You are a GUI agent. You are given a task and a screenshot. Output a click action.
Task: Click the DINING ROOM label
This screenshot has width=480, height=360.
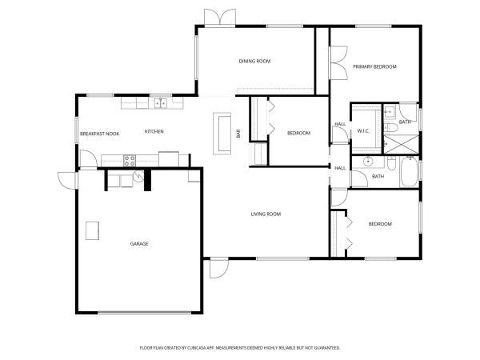[x=254, y=62]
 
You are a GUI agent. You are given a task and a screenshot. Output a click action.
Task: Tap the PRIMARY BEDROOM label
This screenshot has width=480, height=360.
[x=374, y=66]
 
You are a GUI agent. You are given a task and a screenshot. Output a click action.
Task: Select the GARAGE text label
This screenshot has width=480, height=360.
[x=139, y=244]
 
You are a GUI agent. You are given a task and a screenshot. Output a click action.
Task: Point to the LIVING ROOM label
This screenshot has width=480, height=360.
[x=266, y=214]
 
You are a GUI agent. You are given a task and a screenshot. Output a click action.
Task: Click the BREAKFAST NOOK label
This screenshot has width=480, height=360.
[x=99, y=134]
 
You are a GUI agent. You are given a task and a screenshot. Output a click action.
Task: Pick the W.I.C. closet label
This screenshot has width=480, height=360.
[x=363, y=131]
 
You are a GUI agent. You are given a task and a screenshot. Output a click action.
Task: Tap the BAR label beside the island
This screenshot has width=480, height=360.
[x=238, y=134]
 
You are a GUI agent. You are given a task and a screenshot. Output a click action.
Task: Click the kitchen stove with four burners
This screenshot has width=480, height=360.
[x=130, y=161]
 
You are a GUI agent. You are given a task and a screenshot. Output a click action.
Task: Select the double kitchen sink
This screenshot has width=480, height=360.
[x=161, y=103]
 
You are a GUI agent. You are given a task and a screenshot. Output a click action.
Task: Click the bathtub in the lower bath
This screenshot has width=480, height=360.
[x=410, y=172]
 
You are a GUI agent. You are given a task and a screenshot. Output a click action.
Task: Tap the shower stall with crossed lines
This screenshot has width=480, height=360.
[x=402, y=144]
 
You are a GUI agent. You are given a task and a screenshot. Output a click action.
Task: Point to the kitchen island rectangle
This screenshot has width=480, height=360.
[x=222, y=134]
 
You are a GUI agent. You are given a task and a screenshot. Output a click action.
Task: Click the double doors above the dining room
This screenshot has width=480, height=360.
[x=220, y=18]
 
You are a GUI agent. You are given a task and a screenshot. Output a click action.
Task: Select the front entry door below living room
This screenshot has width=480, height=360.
[x=219, y=269]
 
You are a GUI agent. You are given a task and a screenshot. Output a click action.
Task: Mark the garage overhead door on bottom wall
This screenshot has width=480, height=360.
[x=144, y=313]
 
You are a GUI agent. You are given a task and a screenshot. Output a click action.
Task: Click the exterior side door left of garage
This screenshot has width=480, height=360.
[x=68, y=180]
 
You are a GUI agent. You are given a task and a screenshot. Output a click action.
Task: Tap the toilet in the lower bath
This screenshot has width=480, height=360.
[x=391, y=163]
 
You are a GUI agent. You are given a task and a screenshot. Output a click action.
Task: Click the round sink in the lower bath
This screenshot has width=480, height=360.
[x=368, y=162]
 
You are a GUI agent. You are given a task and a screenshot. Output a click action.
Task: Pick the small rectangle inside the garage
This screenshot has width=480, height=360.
[x=92, y=230]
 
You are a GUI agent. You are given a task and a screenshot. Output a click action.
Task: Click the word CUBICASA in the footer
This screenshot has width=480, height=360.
[x=197, y=348]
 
